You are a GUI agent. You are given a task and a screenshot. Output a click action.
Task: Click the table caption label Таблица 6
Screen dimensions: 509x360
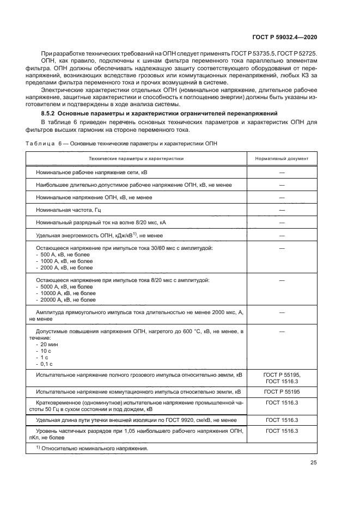point(40,143)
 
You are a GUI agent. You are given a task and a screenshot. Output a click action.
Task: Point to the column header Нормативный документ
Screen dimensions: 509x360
point(282,159)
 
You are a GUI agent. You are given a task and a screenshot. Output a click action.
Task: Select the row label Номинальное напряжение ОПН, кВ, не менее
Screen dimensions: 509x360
point(94,197)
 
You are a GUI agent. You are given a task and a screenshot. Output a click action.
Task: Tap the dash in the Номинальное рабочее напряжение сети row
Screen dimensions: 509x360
point(282,172)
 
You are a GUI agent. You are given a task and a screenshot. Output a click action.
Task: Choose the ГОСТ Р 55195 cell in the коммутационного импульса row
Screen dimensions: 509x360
point(282,391)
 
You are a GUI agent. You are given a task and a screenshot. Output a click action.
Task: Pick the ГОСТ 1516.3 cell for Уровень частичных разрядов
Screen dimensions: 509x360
point(282,430)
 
